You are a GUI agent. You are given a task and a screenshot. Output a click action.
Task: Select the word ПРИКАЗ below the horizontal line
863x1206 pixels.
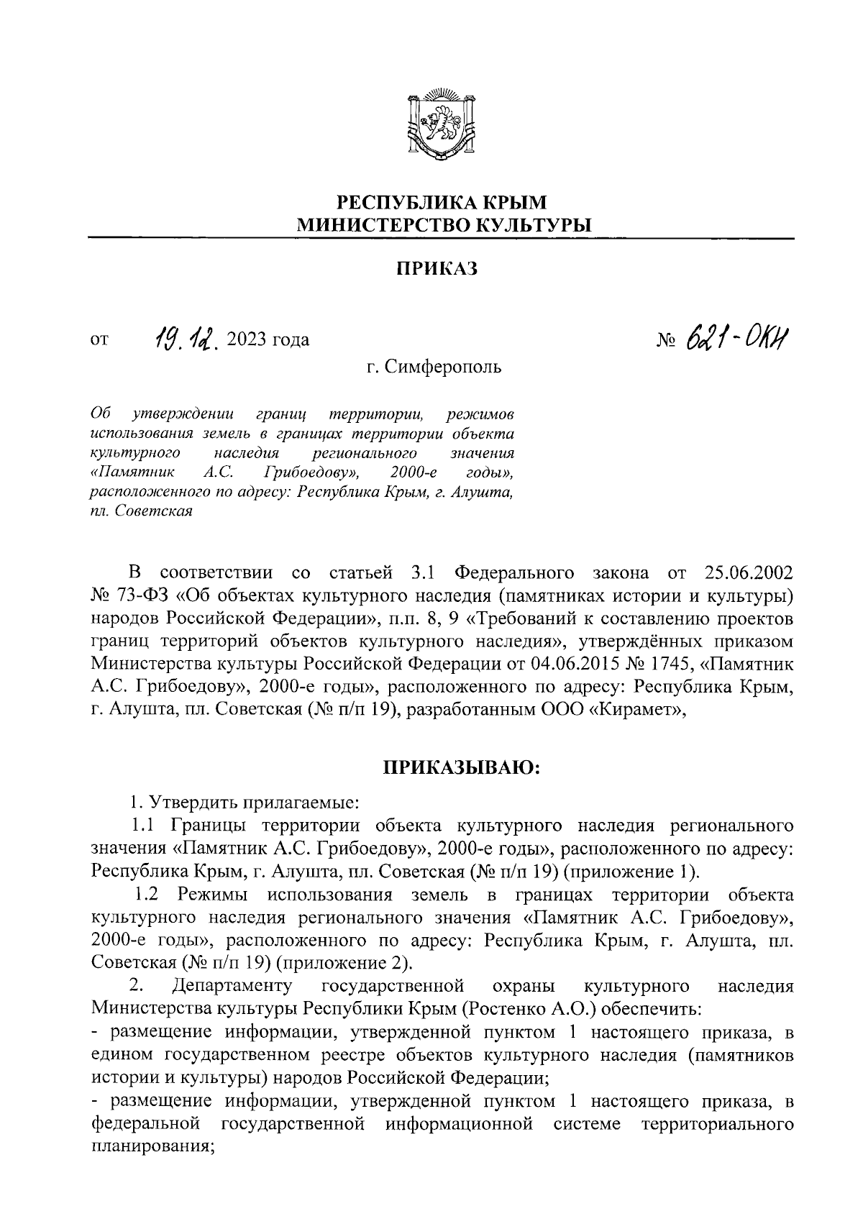point(437,269)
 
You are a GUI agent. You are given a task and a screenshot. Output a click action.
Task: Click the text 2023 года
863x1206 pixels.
point(268,339)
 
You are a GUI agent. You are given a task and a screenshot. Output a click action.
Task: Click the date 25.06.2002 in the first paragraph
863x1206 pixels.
point(745,573)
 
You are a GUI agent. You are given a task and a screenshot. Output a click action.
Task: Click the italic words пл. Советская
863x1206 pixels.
point(141,511)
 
